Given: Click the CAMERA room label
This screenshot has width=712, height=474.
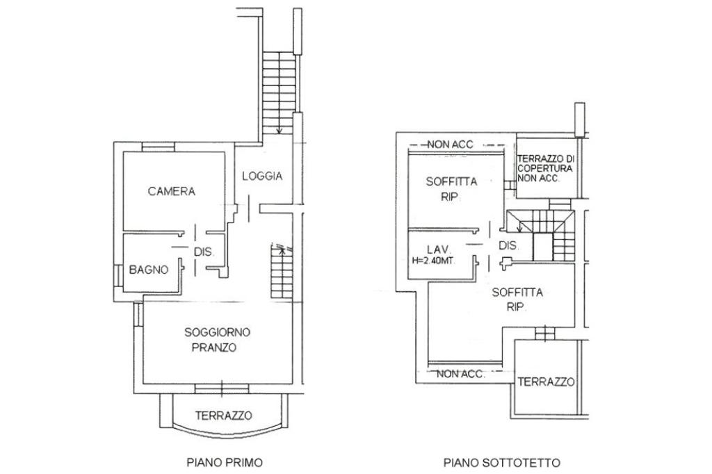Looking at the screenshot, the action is point(172,191).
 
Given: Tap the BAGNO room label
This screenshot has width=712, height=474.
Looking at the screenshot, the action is point(149,270).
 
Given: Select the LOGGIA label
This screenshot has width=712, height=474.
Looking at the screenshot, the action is point(262,176).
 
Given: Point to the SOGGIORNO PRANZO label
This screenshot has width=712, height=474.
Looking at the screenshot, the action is point(217,340).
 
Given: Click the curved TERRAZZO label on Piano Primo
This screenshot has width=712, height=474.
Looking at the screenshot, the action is point(223,416).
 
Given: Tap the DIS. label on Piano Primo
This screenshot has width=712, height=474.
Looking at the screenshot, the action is point(204,252).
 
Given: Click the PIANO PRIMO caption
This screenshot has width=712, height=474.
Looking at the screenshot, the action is point(225,463).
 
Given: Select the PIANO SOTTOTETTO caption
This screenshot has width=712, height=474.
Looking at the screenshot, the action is point(502,463).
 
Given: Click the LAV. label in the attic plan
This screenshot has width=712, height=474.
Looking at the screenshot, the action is point(438,250).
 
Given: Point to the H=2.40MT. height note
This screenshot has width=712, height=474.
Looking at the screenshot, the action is point(434,261).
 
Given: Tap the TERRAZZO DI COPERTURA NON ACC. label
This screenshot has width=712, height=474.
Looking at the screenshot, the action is point(545,168).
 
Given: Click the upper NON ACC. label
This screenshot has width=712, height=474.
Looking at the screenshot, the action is point(450,145).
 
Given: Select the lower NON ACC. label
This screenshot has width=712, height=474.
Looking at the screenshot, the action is point(460,374).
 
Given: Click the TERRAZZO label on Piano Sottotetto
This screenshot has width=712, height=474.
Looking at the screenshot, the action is point(547,382).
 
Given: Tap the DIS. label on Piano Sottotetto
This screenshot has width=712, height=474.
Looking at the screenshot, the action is point(508,245).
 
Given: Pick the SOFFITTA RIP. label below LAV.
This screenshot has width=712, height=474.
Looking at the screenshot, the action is point(517,299).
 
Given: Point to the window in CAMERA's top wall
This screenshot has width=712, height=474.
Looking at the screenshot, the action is point(158,147).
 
